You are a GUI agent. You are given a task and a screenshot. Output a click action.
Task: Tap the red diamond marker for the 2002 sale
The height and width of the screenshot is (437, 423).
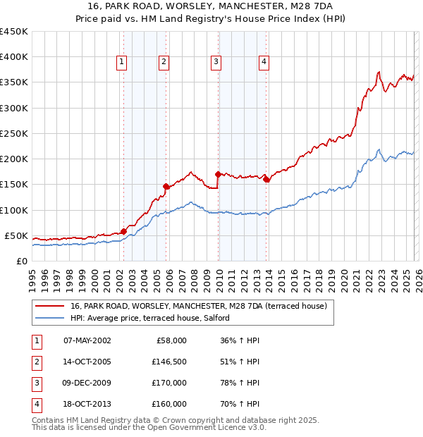123,230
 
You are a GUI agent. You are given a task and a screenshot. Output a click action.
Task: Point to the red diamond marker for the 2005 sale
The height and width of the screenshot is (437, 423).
166,186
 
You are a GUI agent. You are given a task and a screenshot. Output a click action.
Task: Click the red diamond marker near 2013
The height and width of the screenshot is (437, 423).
266,179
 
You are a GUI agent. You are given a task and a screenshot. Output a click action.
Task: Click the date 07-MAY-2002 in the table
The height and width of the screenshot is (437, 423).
87,340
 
